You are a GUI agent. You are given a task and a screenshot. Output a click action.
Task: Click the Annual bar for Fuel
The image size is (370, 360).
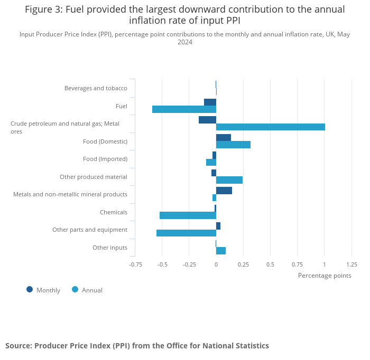pyautogui.click(x=184, y=109)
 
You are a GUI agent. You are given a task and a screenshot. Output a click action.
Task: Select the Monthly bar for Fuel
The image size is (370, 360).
pyautogui.click(x=210, y=102)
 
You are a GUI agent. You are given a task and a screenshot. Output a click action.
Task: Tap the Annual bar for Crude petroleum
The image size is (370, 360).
pyautogui.click(x=270, y=127)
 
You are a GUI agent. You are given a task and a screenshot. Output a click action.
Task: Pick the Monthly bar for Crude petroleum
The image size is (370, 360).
pyautogui.click(x=207, y=120)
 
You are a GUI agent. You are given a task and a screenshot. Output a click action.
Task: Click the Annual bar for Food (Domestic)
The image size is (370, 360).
pyautogui.click(x=233, y=145)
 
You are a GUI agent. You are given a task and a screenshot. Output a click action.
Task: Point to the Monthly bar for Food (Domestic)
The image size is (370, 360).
pyautogui.click(x=224, y=137)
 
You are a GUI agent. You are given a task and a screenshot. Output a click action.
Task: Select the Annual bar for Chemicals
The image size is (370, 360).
pyautogui.click(x=188, y=215)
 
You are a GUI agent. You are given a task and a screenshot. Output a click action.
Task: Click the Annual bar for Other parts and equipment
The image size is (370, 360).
pyautogui.click(x=186, y=233)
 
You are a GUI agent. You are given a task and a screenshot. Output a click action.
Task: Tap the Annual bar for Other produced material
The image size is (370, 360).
pyautogui.click(x=229, y=180)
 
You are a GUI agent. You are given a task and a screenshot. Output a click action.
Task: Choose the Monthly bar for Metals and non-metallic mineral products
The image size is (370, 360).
pyautogui.click(x=224, y=191)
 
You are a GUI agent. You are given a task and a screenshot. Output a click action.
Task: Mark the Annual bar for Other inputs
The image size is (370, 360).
pyautogui.click(x=221, y=251)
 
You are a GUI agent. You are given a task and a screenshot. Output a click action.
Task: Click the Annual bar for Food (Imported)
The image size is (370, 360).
pyautogui.click(x=211, y=162)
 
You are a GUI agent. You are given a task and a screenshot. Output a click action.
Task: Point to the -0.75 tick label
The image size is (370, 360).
pyautogui.click(x=136, y=264)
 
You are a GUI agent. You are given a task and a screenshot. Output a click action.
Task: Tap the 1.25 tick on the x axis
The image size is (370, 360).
pyautogui.click(x=351, y=264)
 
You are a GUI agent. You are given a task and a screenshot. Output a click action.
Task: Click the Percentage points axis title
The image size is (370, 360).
pyautogui.click(x=325, y=275)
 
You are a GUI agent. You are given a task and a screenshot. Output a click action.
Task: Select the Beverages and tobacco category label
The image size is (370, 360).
pyautogui.click(x=96, y=88)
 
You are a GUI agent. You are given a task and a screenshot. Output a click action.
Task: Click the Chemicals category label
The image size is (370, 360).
pyautogui.click(x=114, y=212)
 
